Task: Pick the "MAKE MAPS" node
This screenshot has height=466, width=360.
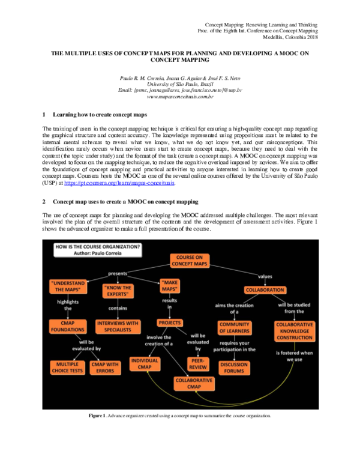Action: [174, 286]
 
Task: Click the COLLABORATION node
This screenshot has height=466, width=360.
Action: [265, 289]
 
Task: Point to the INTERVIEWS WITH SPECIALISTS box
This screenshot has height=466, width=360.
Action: [118, 326]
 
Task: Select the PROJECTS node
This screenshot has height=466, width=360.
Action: [170, 322]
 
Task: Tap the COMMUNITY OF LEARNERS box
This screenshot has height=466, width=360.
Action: [234, 328]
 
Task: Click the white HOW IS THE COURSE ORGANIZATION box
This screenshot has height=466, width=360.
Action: [98, 250]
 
